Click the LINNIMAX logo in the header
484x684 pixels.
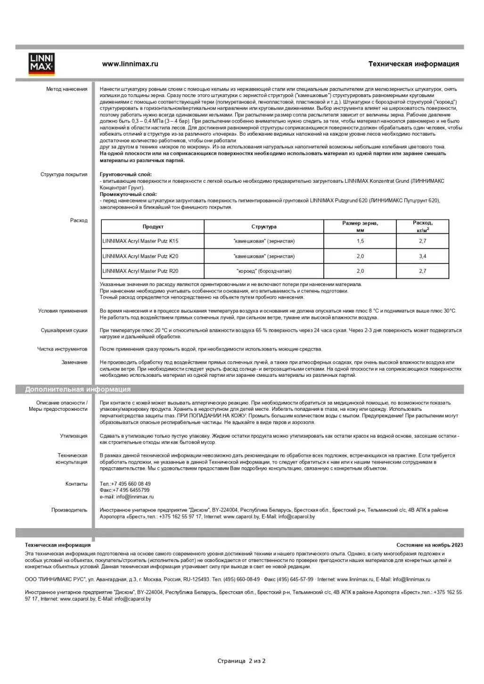(x=41, y=64)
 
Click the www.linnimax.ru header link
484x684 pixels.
(x=130, y=64)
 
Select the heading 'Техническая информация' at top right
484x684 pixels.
(x=413, y=64)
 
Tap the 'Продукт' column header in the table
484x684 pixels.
(x=153, y=227)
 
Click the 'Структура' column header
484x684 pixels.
(x=264, y=227)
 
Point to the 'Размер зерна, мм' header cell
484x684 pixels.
(x=360, y=227)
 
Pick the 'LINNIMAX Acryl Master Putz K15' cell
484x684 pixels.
(x=140, y=241)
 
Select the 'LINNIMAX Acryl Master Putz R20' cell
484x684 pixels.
(x=140, y=271)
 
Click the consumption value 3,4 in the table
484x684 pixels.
(x=422, y=256)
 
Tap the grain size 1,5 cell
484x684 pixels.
(x=360, y=241)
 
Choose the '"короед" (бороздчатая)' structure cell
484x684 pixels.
(x=264, y=271)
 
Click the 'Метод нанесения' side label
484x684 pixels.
(x=66, y=89)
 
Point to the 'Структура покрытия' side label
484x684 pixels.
(x=64, y=174)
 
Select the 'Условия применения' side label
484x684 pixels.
(x=63, y=311)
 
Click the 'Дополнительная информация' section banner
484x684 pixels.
(x=78, y=390)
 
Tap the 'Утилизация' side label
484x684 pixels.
(x=74, y=436)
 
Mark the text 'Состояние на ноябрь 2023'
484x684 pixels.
(x=429, y=545)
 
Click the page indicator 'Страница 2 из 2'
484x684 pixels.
(x=241, y=661)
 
